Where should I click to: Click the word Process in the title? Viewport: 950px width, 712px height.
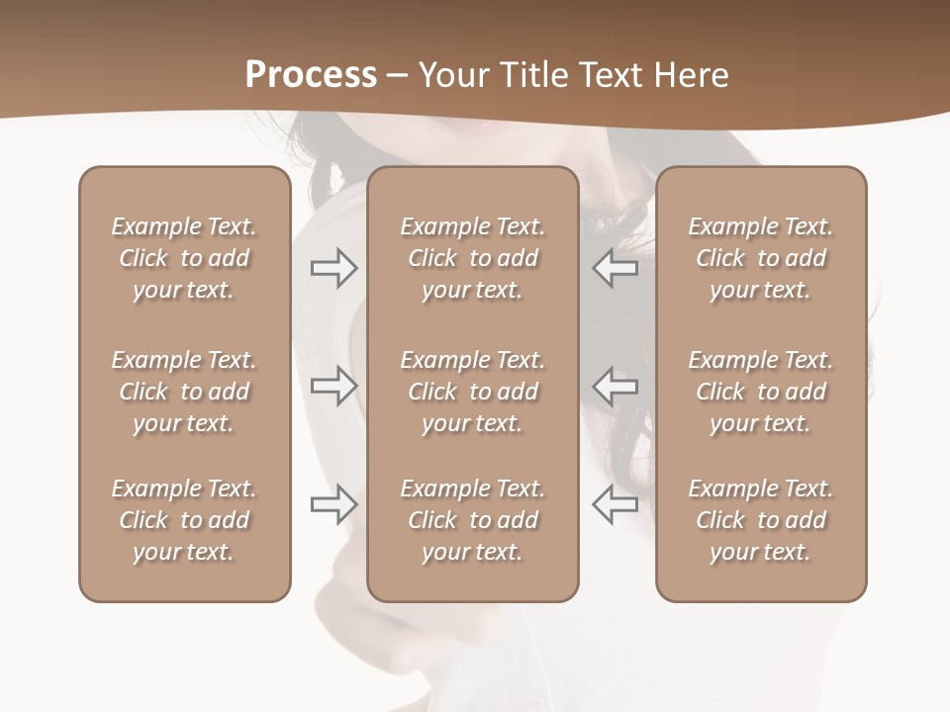(x=311, y=75)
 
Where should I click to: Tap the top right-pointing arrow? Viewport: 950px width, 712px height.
(x=333, y=268)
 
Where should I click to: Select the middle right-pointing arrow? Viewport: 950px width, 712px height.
(x=333, y=386)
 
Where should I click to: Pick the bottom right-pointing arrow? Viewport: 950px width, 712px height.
(x=333, y=504)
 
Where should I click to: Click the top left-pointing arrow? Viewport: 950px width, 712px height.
(x=615, y=268)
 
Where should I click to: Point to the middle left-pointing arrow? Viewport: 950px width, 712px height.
(x=615, y=386)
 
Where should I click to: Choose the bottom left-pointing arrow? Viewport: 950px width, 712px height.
(x=615, y=504)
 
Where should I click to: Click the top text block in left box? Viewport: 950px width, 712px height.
(x=184, y=258)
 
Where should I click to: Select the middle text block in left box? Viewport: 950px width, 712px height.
(x=184, y=392)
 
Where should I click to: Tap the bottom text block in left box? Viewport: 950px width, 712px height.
(x=184, y=520)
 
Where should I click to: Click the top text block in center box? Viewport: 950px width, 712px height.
(x=472, y=258)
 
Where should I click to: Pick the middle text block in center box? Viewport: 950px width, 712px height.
(x=472, y=392)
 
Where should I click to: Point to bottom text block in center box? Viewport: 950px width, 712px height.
(x=472, y=520)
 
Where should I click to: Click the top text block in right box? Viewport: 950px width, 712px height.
(x=760, y=258)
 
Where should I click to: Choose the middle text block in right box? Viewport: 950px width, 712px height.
(x=760, y=392)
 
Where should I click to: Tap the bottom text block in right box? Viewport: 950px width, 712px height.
(x=760, y=520)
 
